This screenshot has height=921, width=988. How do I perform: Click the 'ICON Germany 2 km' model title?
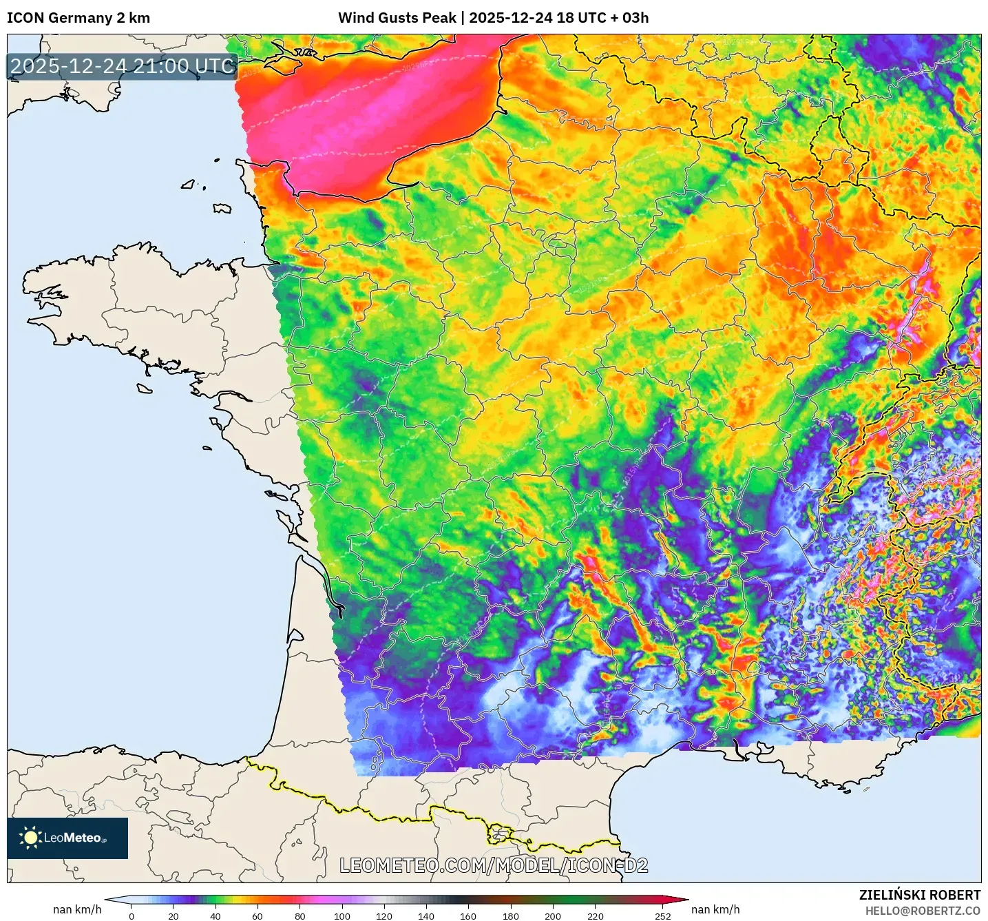coord(78,18)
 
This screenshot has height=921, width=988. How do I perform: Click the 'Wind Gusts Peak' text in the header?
coord(397,18)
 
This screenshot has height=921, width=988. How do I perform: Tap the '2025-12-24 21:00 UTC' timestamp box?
coord(123,66)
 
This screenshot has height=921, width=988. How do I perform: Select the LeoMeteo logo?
coord(67,838)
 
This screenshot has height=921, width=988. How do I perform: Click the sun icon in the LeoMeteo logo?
coord(30,838)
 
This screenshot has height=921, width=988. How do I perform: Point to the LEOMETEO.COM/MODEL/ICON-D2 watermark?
coord(494,865)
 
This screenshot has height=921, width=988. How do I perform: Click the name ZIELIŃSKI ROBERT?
coord(920,895)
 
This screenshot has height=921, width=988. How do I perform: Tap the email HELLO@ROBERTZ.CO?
coord(923,911)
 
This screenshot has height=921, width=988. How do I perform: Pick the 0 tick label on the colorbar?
coord(132,916)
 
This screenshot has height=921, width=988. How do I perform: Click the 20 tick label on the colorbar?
coord(174,916)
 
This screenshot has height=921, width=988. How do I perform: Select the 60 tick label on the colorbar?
coord(257,916)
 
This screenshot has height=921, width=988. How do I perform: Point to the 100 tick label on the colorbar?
coord(342,916)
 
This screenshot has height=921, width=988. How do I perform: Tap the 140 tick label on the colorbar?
coord(426,916)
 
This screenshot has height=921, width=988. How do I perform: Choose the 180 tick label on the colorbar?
coord(511,916)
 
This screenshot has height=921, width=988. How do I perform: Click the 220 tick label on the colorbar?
coord(595,916)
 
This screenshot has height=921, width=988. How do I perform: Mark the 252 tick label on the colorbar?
coord(662,916)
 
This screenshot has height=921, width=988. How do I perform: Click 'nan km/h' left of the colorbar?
coord(77,909)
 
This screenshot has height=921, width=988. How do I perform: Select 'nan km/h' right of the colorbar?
coord(715,909)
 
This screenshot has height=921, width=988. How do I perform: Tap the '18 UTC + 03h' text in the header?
coord(602,18)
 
